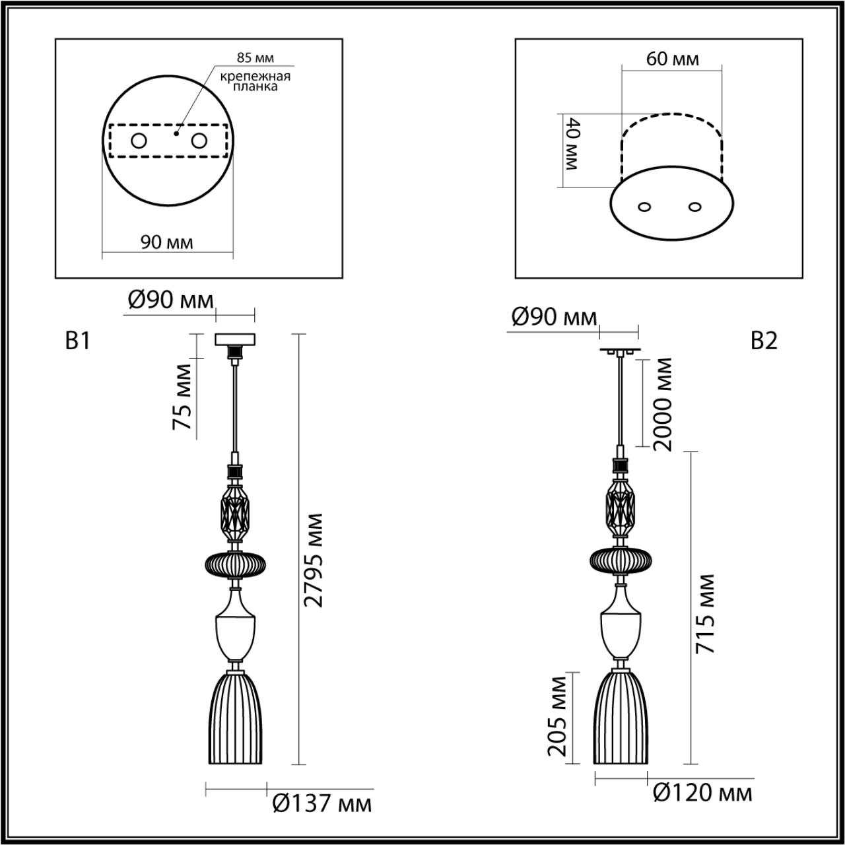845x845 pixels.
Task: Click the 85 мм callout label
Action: tap(255, 58)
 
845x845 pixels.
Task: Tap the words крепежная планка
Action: tap(255, 81)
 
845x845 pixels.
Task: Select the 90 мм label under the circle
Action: tap(167, 242)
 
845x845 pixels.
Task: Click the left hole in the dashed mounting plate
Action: tap(139, 141)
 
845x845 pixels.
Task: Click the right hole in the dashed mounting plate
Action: tap(199, 141)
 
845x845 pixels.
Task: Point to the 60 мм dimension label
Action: tap(672, 59)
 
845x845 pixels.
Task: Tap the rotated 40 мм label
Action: tap(570, 144)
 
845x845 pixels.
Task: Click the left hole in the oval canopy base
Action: tap(645, 207)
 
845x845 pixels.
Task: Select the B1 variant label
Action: tap(77, 341)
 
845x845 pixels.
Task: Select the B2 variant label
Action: tap(764, 341)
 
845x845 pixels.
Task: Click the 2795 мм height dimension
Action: tap(316, 558)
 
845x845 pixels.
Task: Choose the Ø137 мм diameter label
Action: tap(321, 803)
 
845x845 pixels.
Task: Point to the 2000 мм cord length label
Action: tap(661, 404)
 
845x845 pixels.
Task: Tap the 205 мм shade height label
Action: tap(558, 715)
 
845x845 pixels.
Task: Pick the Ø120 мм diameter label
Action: tap(702, 793)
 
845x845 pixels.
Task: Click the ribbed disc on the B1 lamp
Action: tap(236, 564)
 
